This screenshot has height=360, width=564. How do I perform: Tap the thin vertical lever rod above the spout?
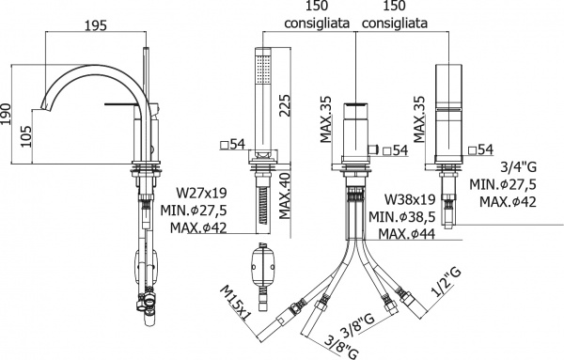[x=144, y=70]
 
